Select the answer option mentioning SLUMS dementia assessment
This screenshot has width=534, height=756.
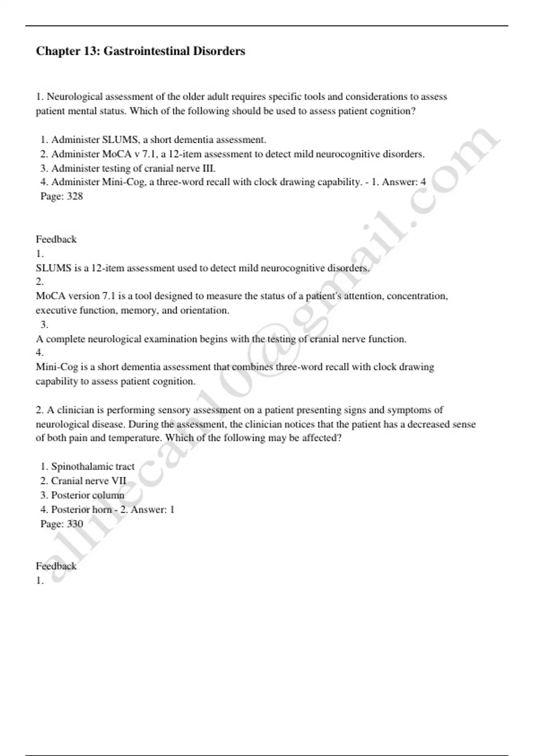click(154, 140)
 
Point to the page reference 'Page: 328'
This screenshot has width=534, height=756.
click(61, 196)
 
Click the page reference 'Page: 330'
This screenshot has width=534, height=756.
click(61, 523)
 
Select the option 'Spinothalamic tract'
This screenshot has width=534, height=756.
click(88, 466)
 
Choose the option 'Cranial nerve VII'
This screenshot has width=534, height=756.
click(84, 481)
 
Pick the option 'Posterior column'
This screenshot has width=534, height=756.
click(83, 495)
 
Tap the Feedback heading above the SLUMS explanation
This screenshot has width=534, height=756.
click(56, 239)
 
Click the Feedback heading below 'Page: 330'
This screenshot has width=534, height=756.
click(56, 566)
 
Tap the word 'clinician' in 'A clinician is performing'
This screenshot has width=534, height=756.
click(76, 410)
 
